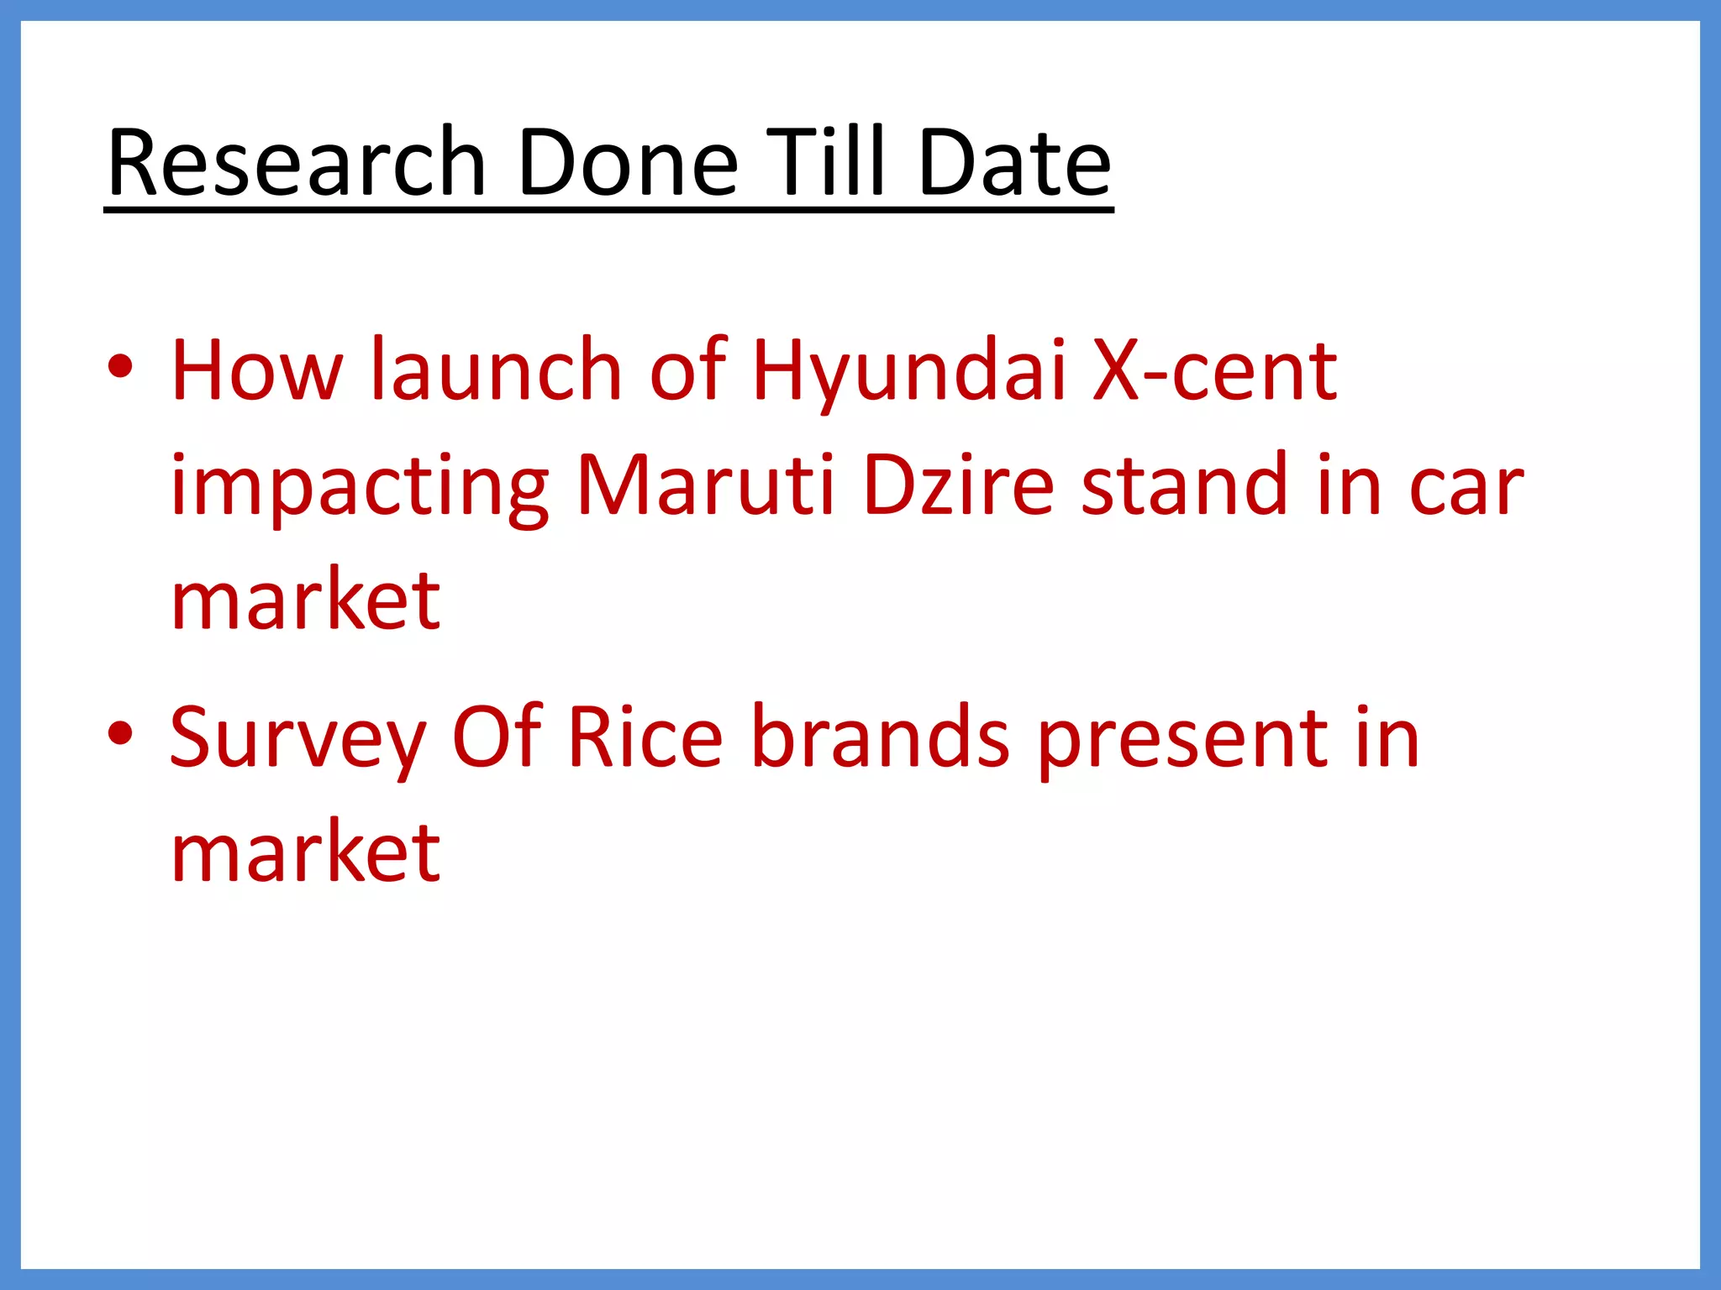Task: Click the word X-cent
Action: (1213, 370)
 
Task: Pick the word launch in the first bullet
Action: (496, 370)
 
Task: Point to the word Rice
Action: (645, 737)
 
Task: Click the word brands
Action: (880, 737)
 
